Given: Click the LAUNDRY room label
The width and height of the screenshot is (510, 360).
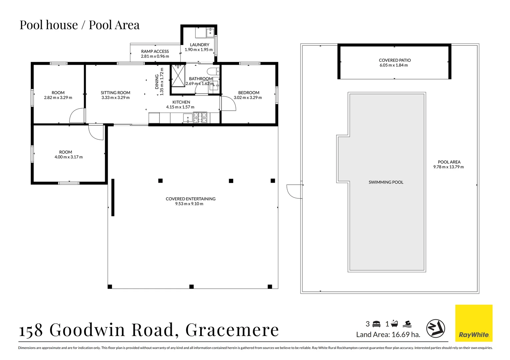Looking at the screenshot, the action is pos(199,45).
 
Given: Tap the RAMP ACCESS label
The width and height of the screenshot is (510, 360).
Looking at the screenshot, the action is pos(155,51).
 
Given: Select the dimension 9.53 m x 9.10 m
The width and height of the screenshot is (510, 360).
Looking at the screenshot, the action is pos(189,204).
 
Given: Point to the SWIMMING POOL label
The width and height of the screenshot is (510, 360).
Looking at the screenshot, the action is pos(386,182).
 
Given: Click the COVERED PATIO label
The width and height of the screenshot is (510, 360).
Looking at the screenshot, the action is pos(395,60).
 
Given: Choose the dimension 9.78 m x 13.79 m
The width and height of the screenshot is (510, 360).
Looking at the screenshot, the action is pos(448,167).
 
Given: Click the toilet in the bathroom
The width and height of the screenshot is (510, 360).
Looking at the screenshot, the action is pos(214,71).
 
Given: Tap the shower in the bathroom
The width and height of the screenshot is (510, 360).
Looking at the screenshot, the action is pos(178,76).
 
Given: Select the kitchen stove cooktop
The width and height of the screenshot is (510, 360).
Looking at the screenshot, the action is pos(200,117).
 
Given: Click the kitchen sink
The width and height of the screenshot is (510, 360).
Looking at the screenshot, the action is pos(188,118).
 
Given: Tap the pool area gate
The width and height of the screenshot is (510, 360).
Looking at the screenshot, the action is pos(295,191).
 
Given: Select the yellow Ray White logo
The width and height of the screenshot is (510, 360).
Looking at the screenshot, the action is pos(474,323).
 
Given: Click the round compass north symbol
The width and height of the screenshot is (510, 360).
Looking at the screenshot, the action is pos(436,328).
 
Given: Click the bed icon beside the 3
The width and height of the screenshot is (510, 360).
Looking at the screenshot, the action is pos(376,324).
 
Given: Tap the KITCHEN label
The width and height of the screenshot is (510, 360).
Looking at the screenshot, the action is pos(181,102).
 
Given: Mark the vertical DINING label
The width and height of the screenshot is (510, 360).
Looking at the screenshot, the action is pos(157,82).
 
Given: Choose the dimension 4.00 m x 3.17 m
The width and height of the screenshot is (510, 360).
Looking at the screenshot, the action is pos(68,157).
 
